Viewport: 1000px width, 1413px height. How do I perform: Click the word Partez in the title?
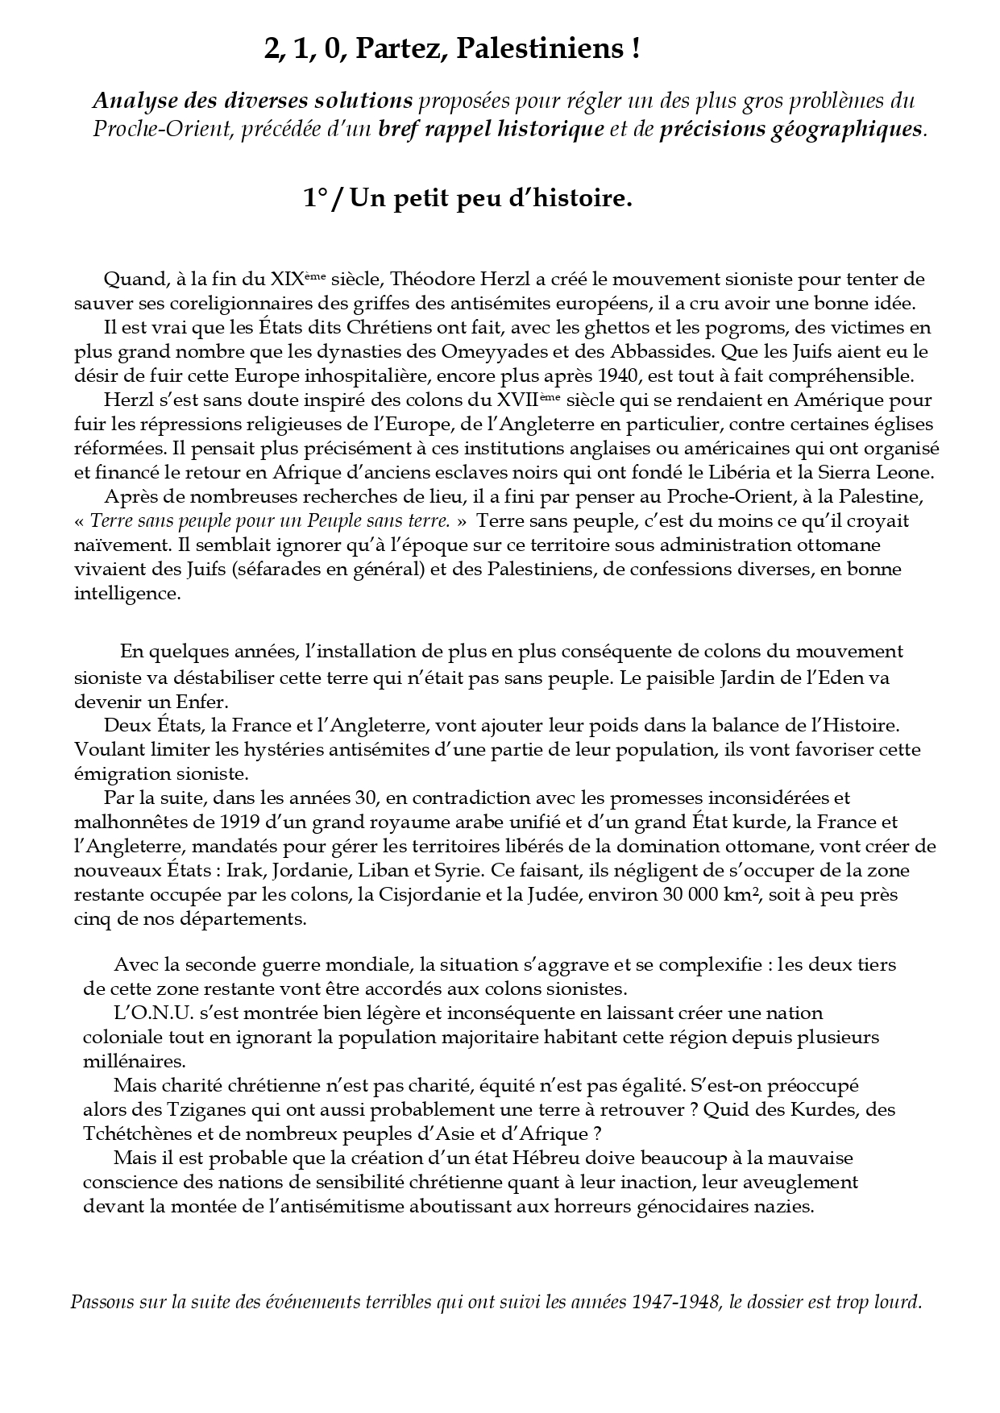tap(400, 51)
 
